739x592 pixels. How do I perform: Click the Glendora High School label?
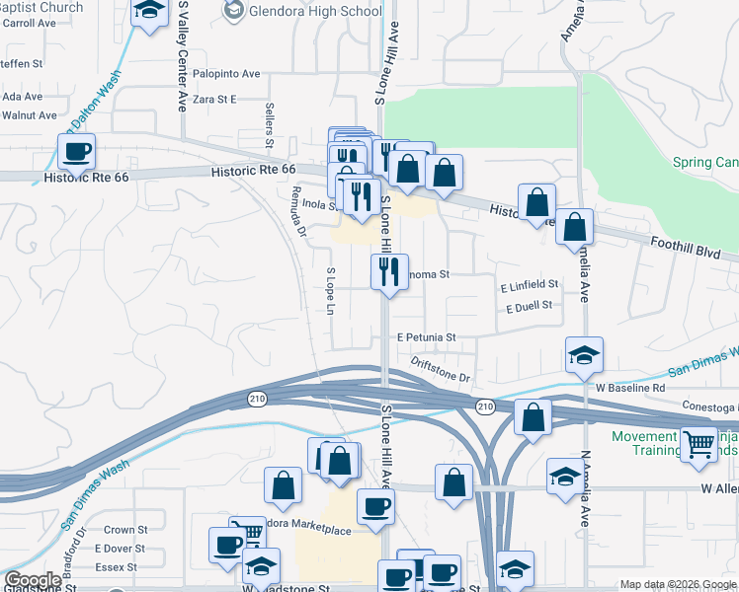tap(315, 12)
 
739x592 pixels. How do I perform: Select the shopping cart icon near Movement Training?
tap(698, 445)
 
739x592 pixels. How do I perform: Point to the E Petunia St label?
tap(426, 336)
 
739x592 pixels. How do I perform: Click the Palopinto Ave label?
tap(226, 73)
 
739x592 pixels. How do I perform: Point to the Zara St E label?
tap(214, 99)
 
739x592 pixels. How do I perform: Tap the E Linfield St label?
tap(529, 284)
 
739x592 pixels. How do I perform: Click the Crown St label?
tap(125, 530)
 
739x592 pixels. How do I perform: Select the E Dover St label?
tap(120, 549)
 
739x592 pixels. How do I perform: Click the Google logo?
tap(33, 580)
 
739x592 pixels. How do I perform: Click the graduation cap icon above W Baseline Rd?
tap(584, 354)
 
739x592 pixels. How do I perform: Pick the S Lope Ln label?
tap(331, 290)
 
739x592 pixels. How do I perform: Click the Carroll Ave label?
tap(28, 22)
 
